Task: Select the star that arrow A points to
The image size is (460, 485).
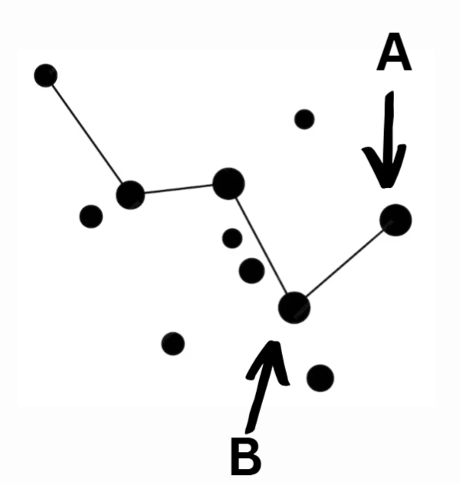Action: [x=396, y=220]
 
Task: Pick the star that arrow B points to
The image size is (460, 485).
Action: [x=294, y=308]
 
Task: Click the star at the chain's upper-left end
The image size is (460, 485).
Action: [x=45, y=75]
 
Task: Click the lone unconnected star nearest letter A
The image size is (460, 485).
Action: [x=304, y=119]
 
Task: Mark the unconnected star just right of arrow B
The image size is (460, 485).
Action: [x=320, y=378]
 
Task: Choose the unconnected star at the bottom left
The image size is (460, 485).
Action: [x=172, y=343]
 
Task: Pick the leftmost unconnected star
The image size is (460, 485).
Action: [x=90, y=216]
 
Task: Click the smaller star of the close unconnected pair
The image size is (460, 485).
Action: [x=232, y=238]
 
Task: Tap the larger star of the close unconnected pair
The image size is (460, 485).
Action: [x=251, y=270]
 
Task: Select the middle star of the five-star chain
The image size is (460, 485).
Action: [x=228, y=183]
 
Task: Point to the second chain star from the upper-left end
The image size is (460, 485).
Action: [x=130, y=194]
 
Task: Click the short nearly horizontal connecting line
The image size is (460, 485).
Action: [x=179, y=189]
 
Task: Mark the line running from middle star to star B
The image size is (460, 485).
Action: [x=261, y=246]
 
